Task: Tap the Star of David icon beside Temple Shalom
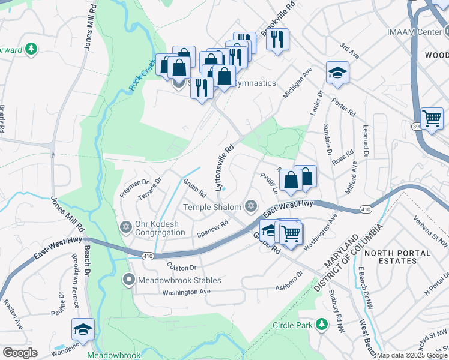(251, 207)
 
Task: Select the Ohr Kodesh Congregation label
(160, 228)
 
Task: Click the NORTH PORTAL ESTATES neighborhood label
(398, 257)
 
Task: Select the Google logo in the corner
(20, 353)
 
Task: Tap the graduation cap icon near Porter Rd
(337, 73)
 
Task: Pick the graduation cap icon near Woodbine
(83, 329)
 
